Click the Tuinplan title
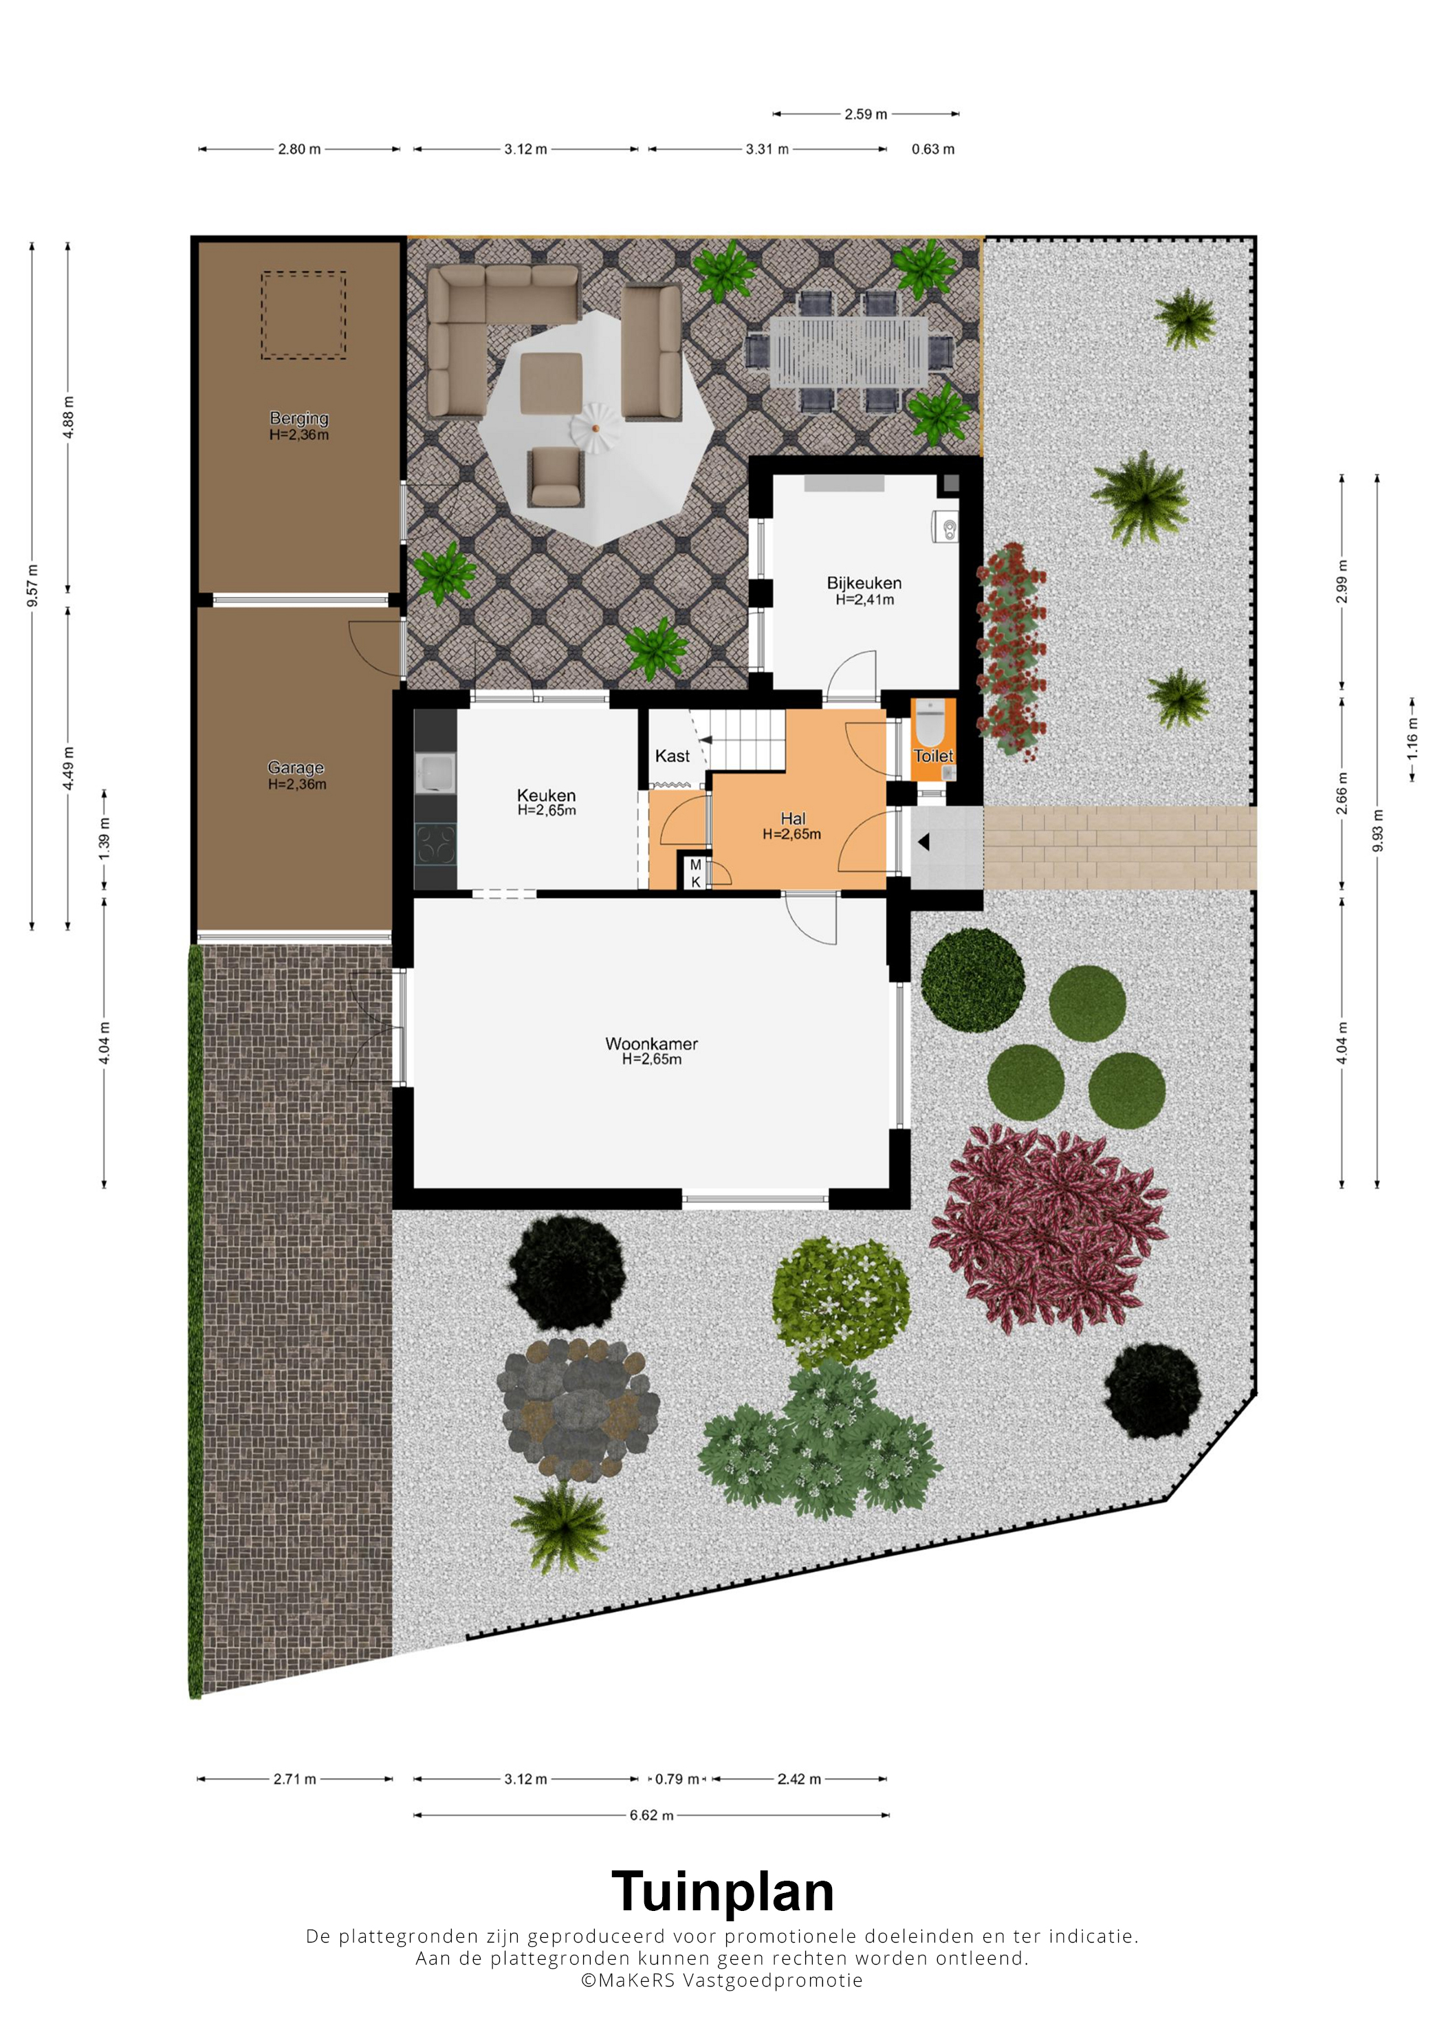click(723, 1892)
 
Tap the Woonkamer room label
click(651, 1044)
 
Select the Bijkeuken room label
click(864, 583)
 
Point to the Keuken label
click(546, 795)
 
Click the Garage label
click(296, 767)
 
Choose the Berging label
click(299, 418)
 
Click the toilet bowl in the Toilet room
click(930, 723)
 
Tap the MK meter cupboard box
click(695, 871)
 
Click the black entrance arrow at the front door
click(923, 841)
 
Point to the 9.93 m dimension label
click(1377, 830)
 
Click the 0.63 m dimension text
click(932, 149)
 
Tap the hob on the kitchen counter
click(436, 844)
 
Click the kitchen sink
click(435, 772)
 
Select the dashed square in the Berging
click(303, 316)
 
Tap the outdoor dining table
click(849, 352)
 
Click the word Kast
click(672, 756)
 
